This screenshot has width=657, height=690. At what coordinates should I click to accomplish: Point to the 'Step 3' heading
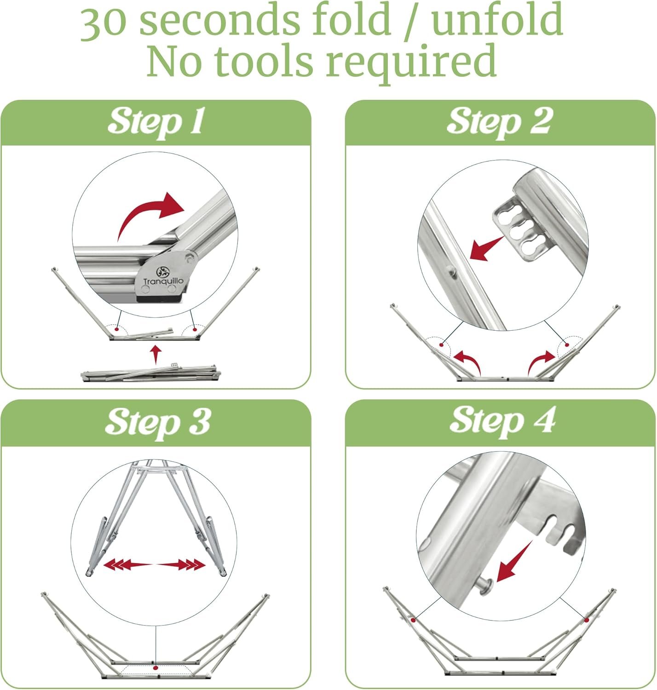(x=158, y=423)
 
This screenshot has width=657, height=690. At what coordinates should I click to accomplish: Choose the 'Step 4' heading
(x=502, y=421)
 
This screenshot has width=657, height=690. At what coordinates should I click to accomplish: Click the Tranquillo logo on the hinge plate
(x=163, y=276)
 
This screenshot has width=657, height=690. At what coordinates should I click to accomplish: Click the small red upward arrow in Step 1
(x=156, y=355)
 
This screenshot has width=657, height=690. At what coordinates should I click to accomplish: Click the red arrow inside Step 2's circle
(x=486, y=248)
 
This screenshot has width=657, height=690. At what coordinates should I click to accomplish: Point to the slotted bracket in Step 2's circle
(x=520, y=229)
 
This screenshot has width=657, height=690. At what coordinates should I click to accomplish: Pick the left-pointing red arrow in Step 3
(x=128, y=565)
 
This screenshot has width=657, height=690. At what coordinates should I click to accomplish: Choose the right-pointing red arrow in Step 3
(x=180, y=565)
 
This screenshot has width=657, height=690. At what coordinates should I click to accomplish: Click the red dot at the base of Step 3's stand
(x=156, y=667)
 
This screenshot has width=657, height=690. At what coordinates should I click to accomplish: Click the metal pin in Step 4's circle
(x=484, y=587)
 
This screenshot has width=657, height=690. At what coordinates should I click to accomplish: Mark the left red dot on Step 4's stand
(x=413, y=620)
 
